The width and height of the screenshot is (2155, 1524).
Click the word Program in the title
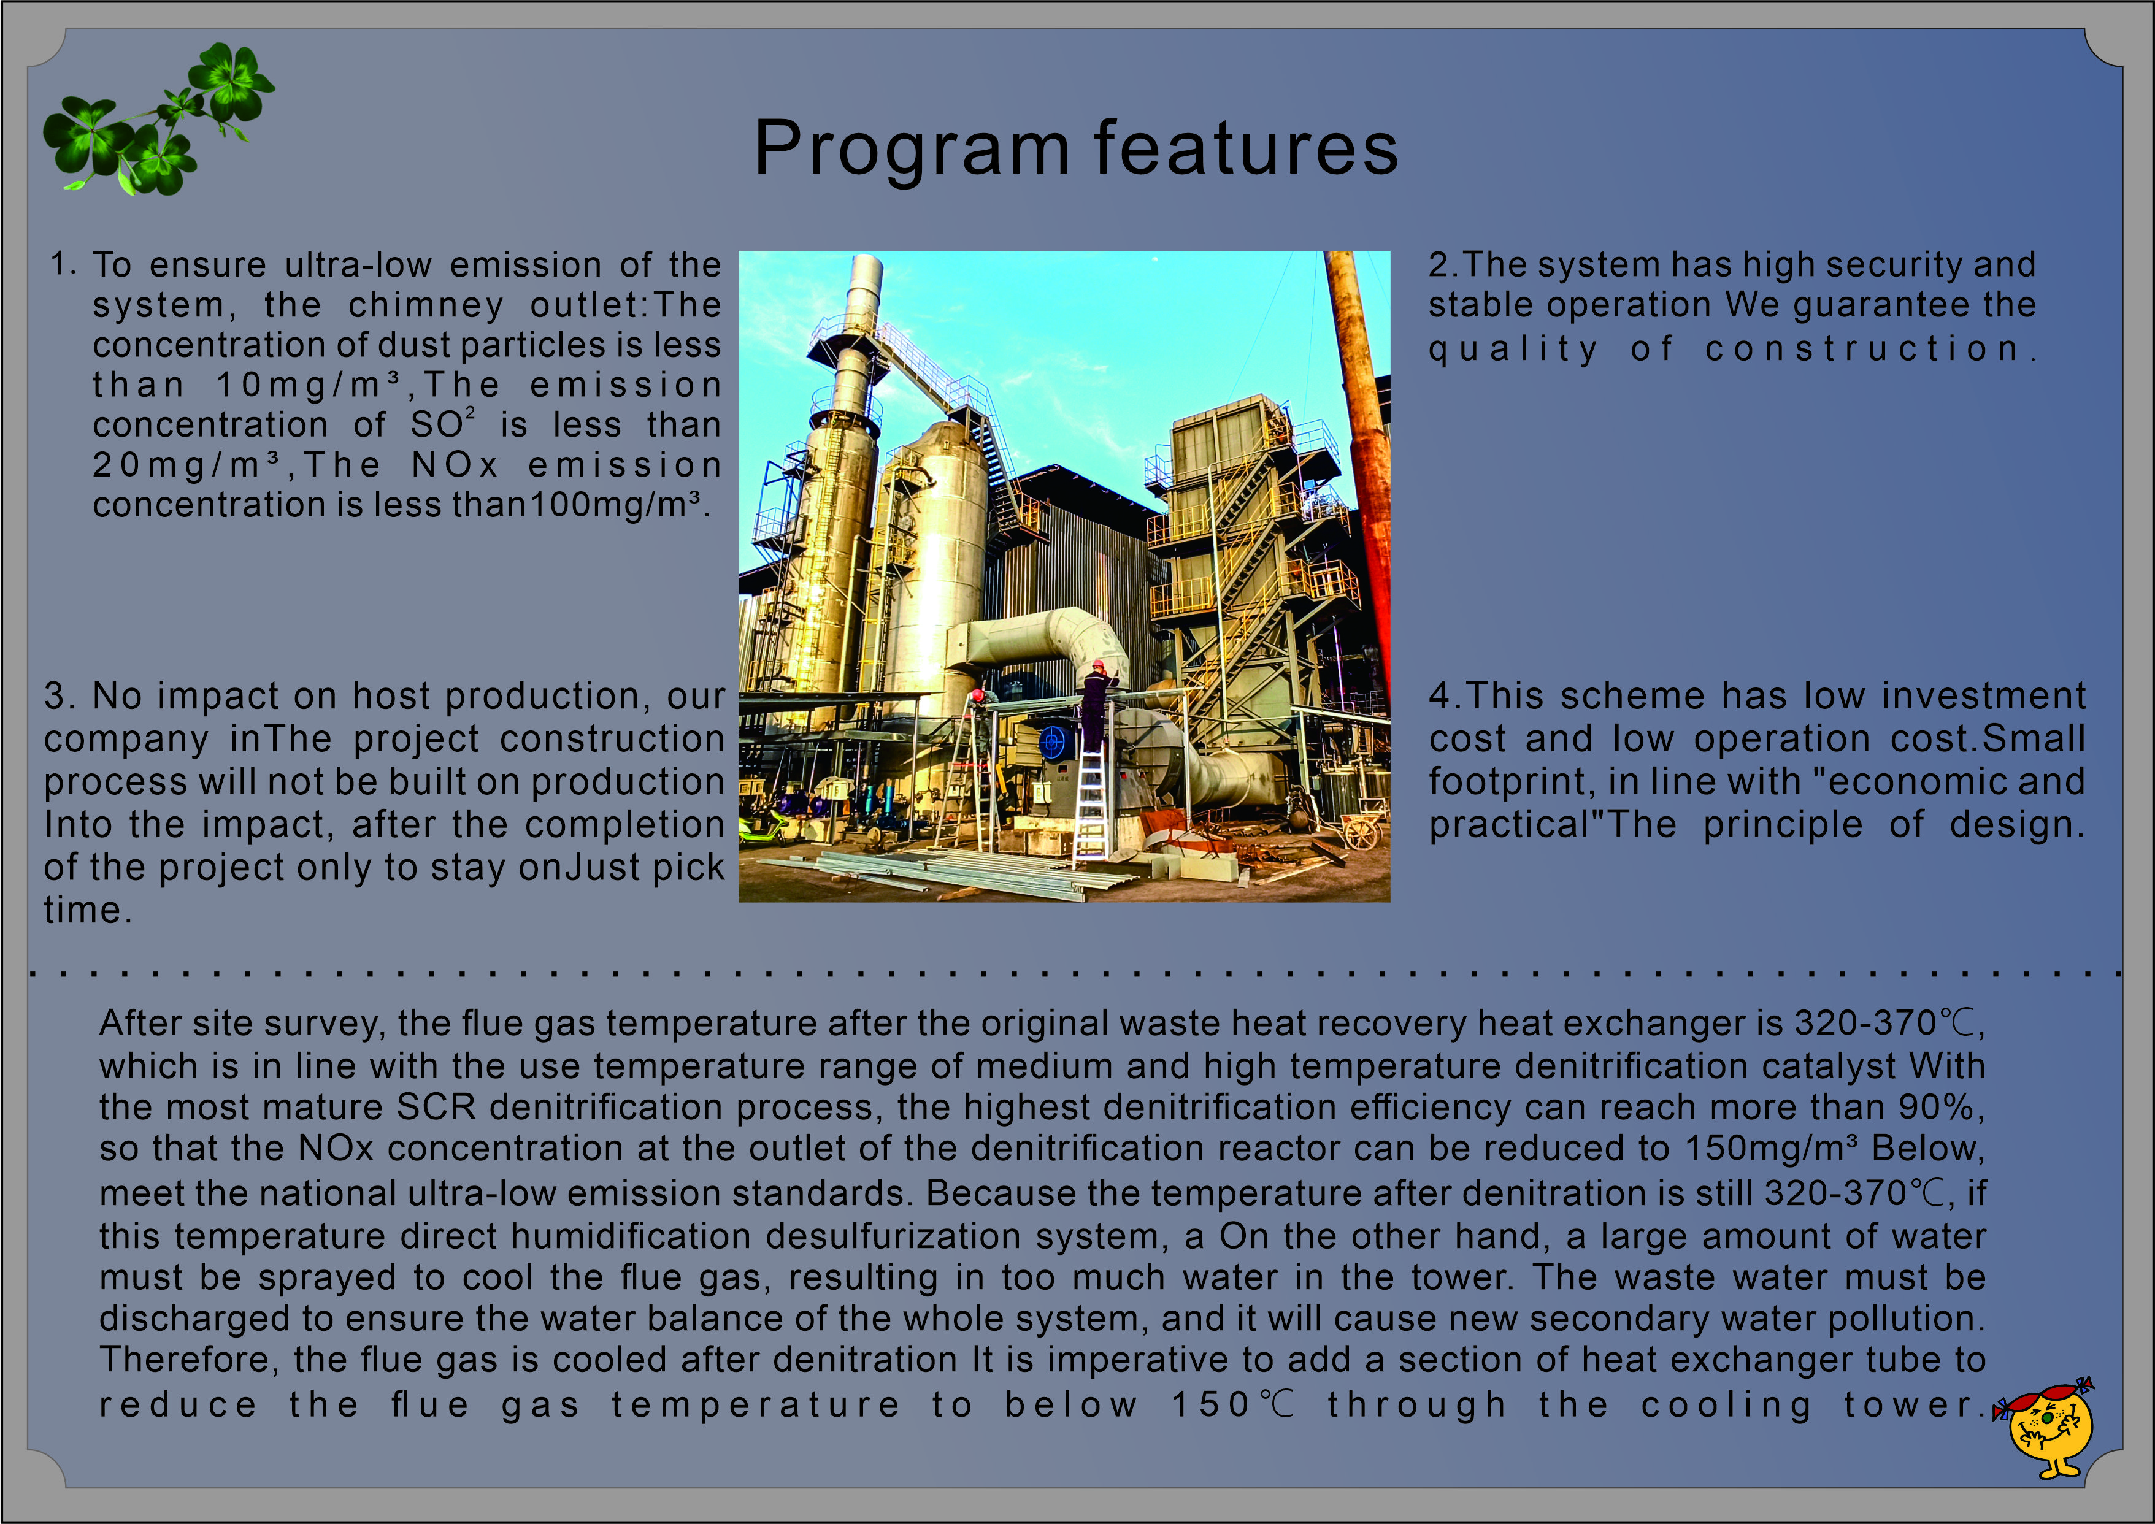coord(912,150)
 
